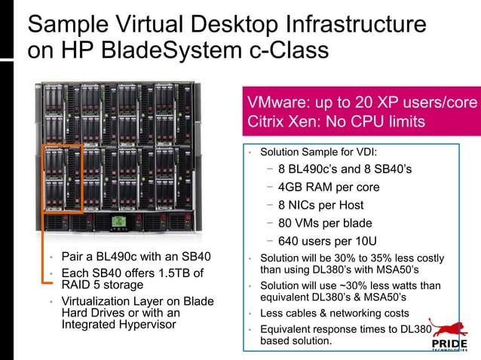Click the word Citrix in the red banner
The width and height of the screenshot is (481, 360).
(x=268, y=121)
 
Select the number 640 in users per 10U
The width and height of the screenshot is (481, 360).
(x=290, y=241)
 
